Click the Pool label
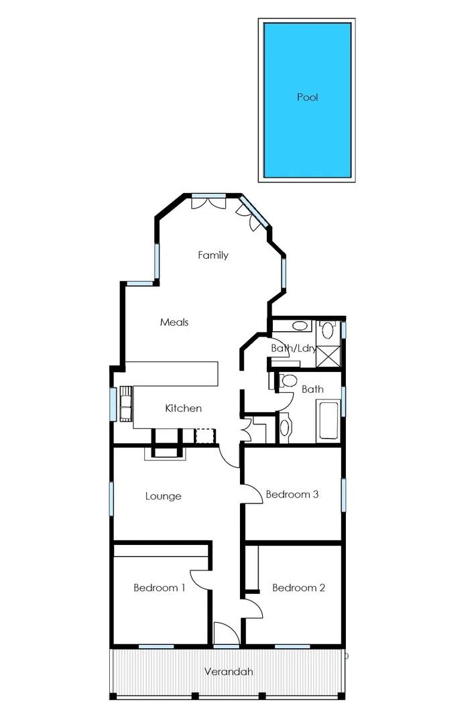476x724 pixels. coord(307,97)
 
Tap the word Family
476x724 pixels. coord(213,255)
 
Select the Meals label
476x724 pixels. coord(174,322)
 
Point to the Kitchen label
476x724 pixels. coord(183,408)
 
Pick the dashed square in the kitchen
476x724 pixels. coord(204,436)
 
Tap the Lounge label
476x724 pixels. coord(164,497)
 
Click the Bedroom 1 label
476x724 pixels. coord(160,588)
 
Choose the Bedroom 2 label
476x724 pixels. coord(298,588)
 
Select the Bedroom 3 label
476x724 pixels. coord(292,495)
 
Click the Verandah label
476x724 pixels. coord(229,671)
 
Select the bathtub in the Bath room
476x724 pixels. coord(329,420)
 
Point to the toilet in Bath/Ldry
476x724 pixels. coord(328,329)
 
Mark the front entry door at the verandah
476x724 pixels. coord(225,633)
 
